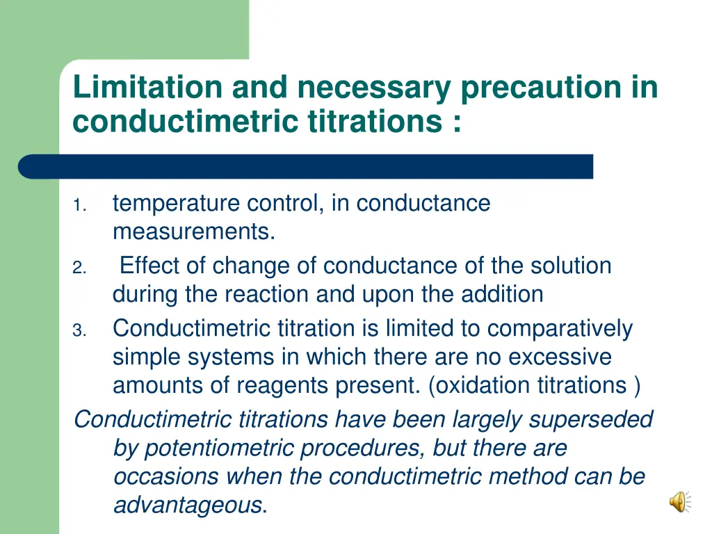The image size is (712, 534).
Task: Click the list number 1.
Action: coord(79,206)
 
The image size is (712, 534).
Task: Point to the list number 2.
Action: coord(79,268)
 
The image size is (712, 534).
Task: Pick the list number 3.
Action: coord(79,331)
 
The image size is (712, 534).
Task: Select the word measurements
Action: coord(193,232)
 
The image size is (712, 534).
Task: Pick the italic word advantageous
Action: coord(187,505)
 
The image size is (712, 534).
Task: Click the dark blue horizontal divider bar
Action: coord(306,167)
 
